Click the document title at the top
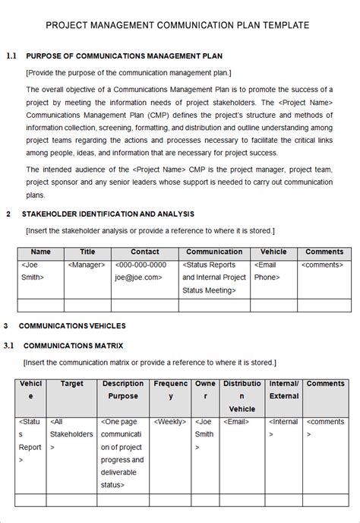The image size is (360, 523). [178, 25]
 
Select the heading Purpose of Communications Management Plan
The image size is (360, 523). [125, 56]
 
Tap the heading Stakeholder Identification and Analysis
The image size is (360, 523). [108, 214]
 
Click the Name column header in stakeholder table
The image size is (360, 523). [40, 252]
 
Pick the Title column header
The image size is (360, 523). [87, 252]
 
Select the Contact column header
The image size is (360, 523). [144, 252]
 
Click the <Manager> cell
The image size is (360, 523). [87, 265]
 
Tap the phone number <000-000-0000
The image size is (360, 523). [141, 265]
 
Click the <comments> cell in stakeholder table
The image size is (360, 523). [322, 265]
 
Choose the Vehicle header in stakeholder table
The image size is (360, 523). [273, 252]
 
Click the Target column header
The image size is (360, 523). [72, 384]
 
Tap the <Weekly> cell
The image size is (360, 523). [170, 420]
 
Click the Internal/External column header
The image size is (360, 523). [284, 390]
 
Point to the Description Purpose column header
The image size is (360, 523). [122, 390]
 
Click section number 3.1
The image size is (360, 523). [10, 346]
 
